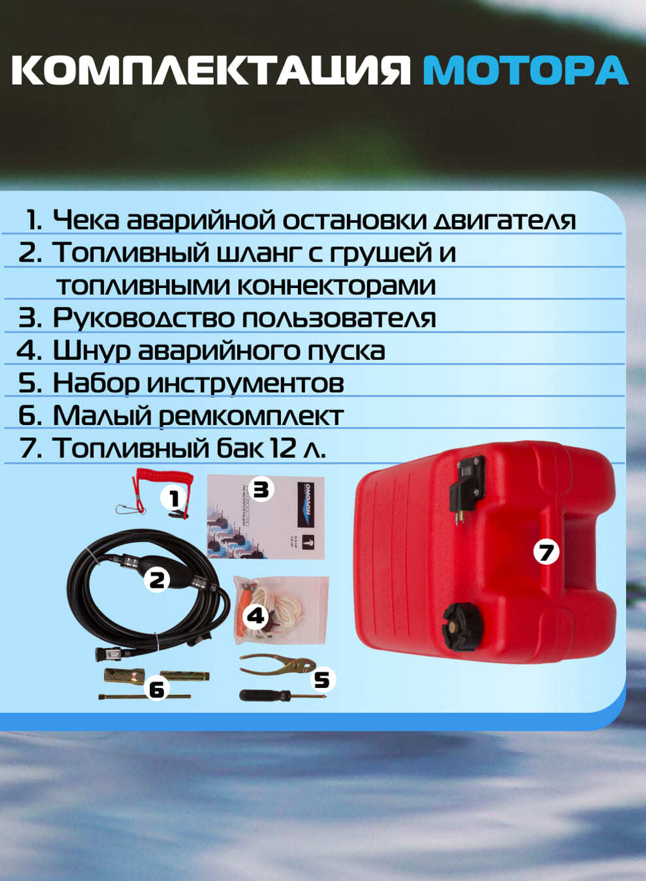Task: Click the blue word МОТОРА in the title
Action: tap(525, 70)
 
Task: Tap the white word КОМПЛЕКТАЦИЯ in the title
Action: tap(211, 70)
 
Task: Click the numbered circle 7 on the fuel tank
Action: tap(546, 552)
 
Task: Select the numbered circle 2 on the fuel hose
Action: tap(157, 579)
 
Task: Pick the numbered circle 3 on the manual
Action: tap(260, 490)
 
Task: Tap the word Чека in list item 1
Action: tap(86, 220)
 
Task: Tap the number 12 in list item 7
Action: tap(283, 448)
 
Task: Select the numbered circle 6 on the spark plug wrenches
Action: tap(157, 689)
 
